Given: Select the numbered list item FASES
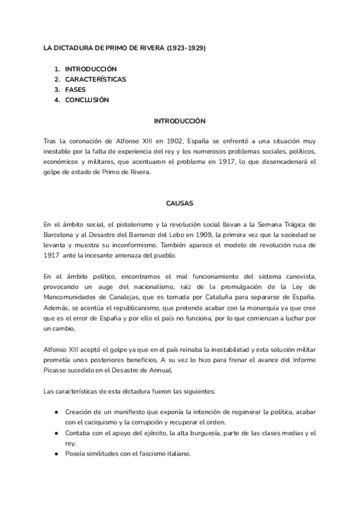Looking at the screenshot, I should click(76, 89).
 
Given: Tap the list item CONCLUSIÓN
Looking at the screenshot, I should click(87, 100).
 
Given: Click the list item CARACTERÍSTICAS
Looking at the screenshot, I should click(95, 79).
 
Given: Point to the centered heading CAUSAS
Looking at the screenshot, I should click(179, 203).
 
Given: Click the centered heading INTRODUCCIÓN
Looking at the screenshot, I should click(179, 121).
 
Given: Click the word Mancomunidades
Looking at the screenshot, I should click(73, 298).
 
